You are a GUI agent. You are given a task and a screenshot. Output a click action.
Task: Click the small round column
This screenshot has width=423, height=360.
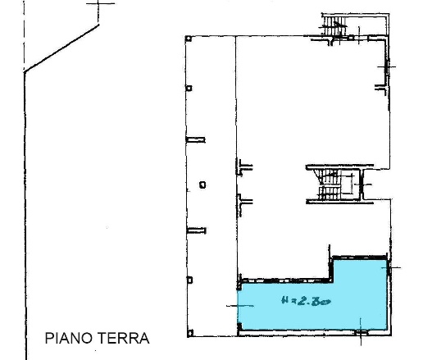[x=201, y=184]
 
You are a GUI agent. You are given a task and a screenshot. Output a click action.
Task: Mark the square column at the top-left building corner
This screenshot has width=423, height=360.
[x=189, y=39]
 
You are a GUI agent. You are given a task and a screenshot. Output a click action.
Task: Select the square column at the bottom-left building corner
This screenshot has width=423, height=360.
[x=189, y=335]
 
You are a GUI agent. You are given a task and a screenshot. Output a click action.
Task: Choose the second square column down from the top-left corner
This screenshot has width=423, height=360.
[x=189, y=89]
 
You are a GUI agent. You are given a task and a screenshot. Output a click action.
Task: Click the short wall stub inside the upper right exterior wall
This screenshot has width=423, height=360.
[x=380, y=84]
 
